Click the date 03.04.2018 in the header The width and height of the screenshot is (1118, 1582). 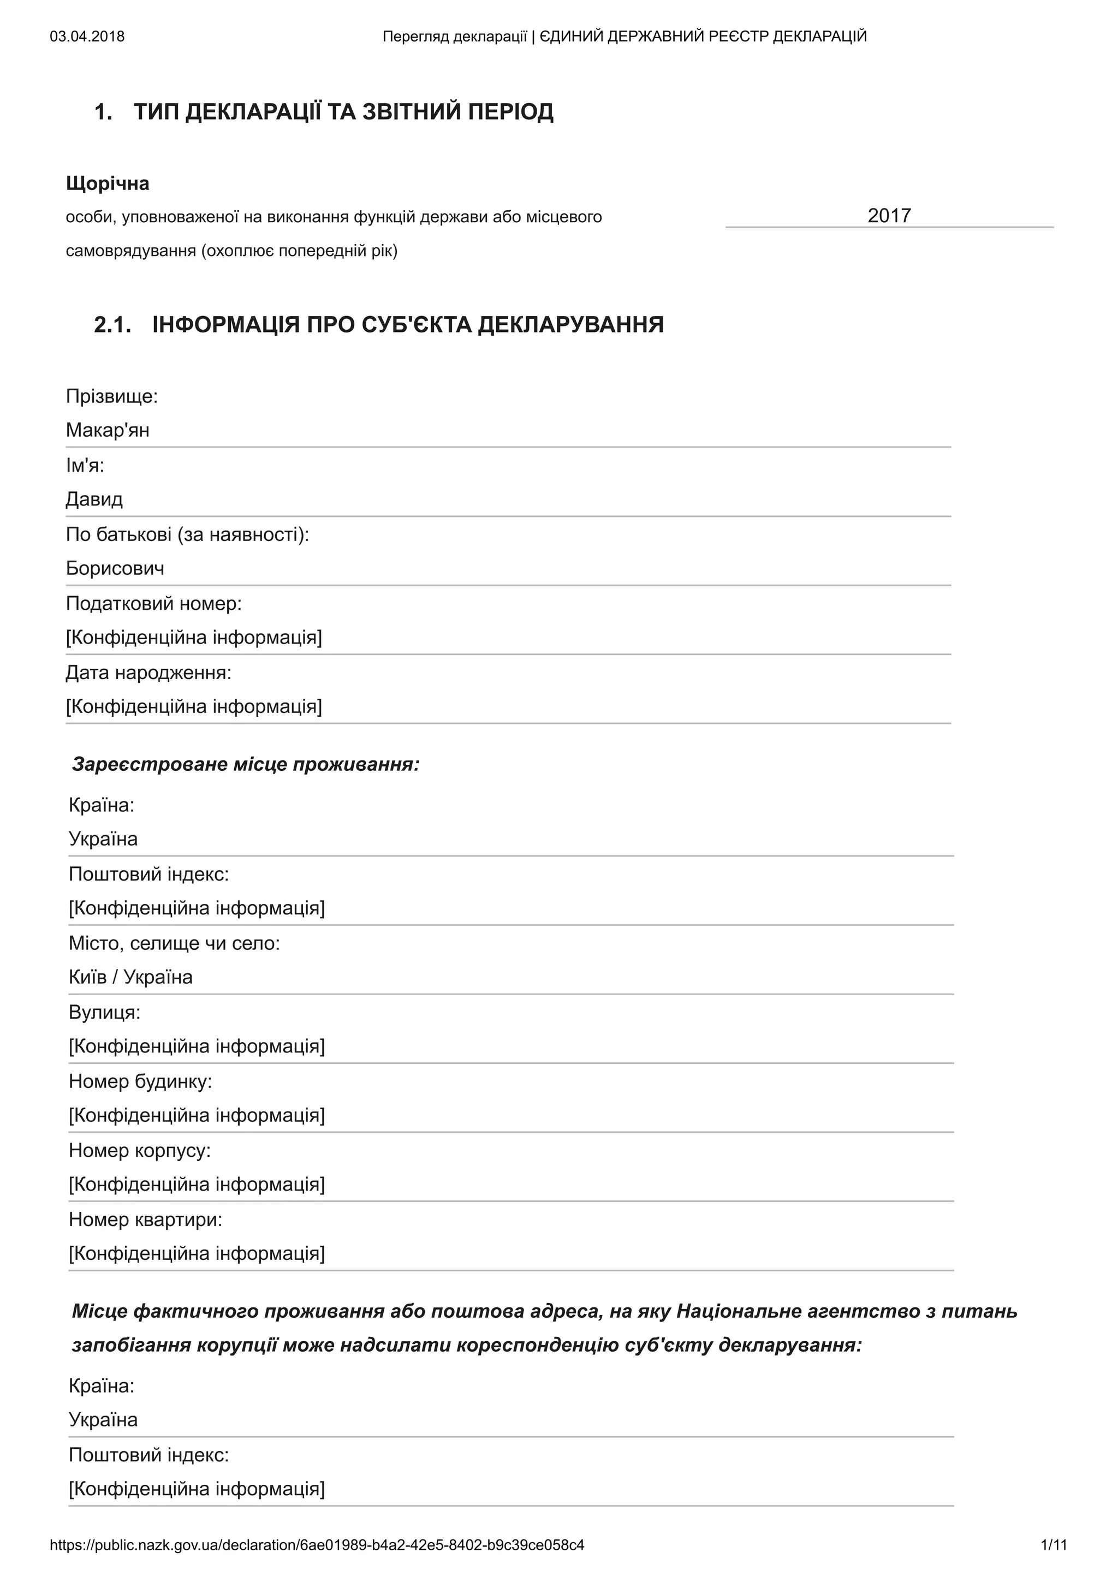click(87, 37)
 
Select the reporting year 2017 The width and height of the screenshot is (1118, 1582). click(889, 216)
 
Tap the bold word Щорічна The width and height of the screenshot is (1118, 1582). click(108, 183)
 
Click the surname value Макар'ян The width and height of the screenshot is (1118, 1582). click(108, 430)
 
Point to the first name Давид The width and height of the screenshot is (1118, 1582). click(94, 499)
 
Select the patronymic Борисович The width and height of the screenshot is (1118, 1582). click(115, 568)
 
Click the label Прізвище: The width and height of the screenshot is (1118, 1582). click(111, 396)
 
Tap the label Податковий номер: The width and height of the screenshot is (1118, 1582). click(153, 604)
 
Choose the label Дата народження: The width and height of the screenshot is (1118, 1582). click(148, 673)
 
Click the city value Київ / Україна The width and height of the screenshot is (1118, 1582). click(130, 977)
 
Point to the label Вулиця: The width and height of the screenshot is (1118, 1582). click(104, 1012)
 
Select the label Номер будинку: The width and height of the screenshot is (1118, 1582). click(140, 1081)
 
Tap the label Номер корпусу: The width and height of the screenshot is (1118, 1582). click(139, 1150)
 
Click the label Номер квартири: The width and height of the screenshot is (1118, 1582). click(145, 1220)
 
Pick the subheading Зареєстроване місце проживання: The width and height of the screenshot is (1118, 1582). click(245, 764)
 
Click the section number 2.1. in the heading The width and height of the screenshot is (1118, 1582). click(112, 324)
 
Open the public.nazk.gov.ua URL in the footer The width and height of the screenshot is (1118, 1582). click(317, 1545)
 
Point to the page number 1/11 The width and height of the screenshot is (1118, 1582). click(1053, 1545)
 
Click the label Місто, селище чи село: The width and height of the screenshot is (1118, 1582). click(174, 943)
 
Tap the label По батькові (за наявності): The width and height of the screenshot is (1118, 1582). click(187, 534)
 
